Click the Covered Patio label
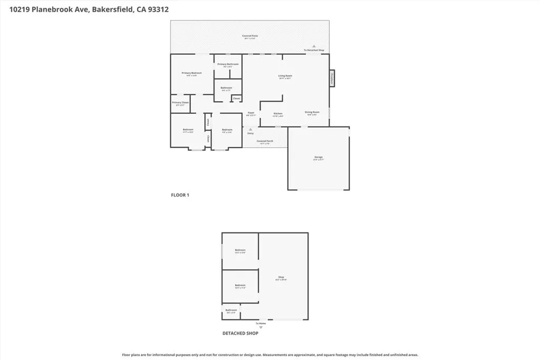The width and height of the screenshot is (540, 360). click(x=250, y=36)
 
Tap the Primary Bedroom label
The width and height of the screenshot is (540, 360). click(x=192, y=73)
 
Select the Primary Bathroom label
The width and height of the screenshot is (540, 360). click(x=228, y=64)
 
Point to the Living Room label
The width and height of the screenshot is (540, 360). click(x=285, y=76)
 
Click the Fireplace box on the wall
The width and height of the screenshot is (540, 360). click(x=332, y=77)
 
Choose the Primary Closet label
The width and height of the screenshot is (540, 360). click(x=180, y=102)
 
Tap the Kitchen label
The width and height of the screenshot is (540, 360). click(x=278, y=114)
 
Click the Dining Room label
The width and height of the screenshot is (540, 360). click(x=312, y=112)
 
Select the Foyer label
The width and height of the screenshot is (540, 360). click(x=251, y=112)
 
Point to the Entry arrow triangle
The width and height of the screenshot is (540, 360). click(x=250, y=129)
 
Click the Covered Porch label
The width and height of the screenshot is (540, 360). click(x=265, y=141)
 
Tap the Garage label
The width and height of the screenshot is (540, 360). click(x=319, y=157)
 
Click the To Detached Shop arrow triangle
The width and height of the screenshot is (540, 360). click(x=314, y=46)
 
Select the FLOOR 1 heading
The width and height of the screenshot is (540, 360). click(x=180, y=195)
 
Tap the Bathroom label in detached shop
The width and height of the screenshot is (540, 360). click(x=230, y=310)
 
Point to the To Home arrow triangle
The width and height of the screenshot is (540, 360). click(x=260, y=327)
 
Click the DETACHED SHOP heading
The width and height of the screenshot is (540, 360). click(x=240, y=333)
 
